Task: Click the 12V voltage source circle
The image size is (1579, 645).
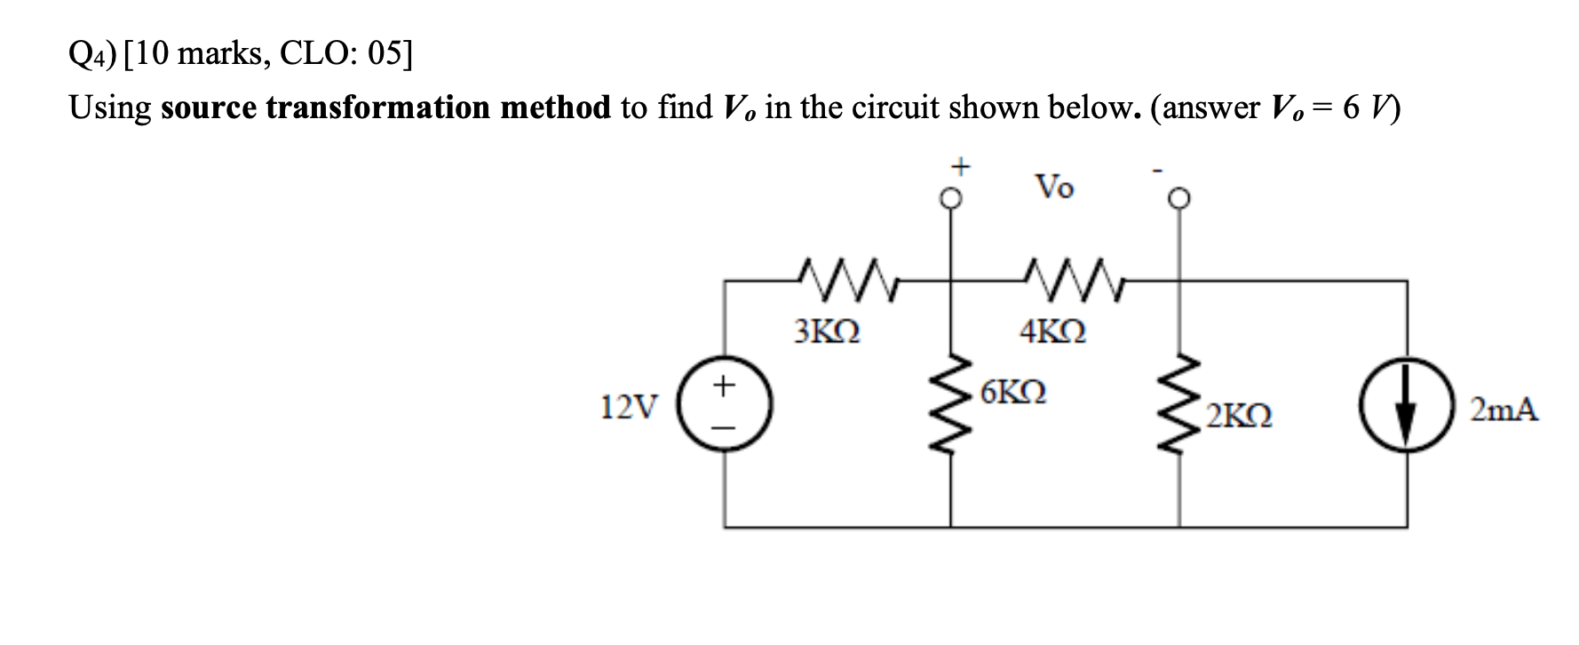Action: [x=725, y=408]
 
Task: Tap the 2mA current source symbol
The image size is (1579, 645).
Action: [x=1406, y=410]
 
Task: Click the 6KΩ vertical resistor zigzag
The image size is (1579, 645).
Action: [x=951, y=404]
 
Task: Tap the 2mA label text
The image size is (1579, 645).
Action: [x=1504, y=410]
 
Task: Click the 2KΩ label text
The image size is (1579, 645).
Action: [x=1240, y=416]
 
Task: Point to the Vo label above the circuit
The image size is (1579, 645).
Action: [x=1054, y=187]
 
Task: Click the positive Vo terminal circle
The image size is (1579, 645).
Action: [x=951, y=200]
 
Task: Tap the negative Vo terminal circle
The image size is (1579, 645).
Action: [x=1179, y=200]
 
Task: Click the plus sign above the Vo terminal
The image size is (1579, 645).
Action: [x=958, y=166]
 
